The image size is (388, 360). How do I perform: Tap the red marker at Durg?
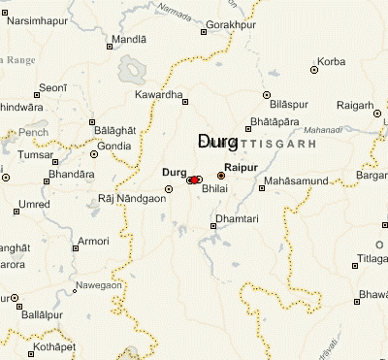(195, 180)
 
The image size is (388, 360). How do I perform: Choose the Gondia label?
(113, 146)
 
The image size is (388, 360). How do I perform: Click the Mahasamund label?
(298, 181)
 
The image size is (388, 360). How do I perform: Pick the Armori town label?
(93, 241)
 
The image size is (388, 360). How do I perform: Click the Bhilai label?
(213, 192)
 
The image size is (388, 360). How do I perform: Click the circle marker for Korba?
(314, 70)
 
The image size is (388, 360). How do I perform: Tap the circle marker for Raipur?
(221, 176)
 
